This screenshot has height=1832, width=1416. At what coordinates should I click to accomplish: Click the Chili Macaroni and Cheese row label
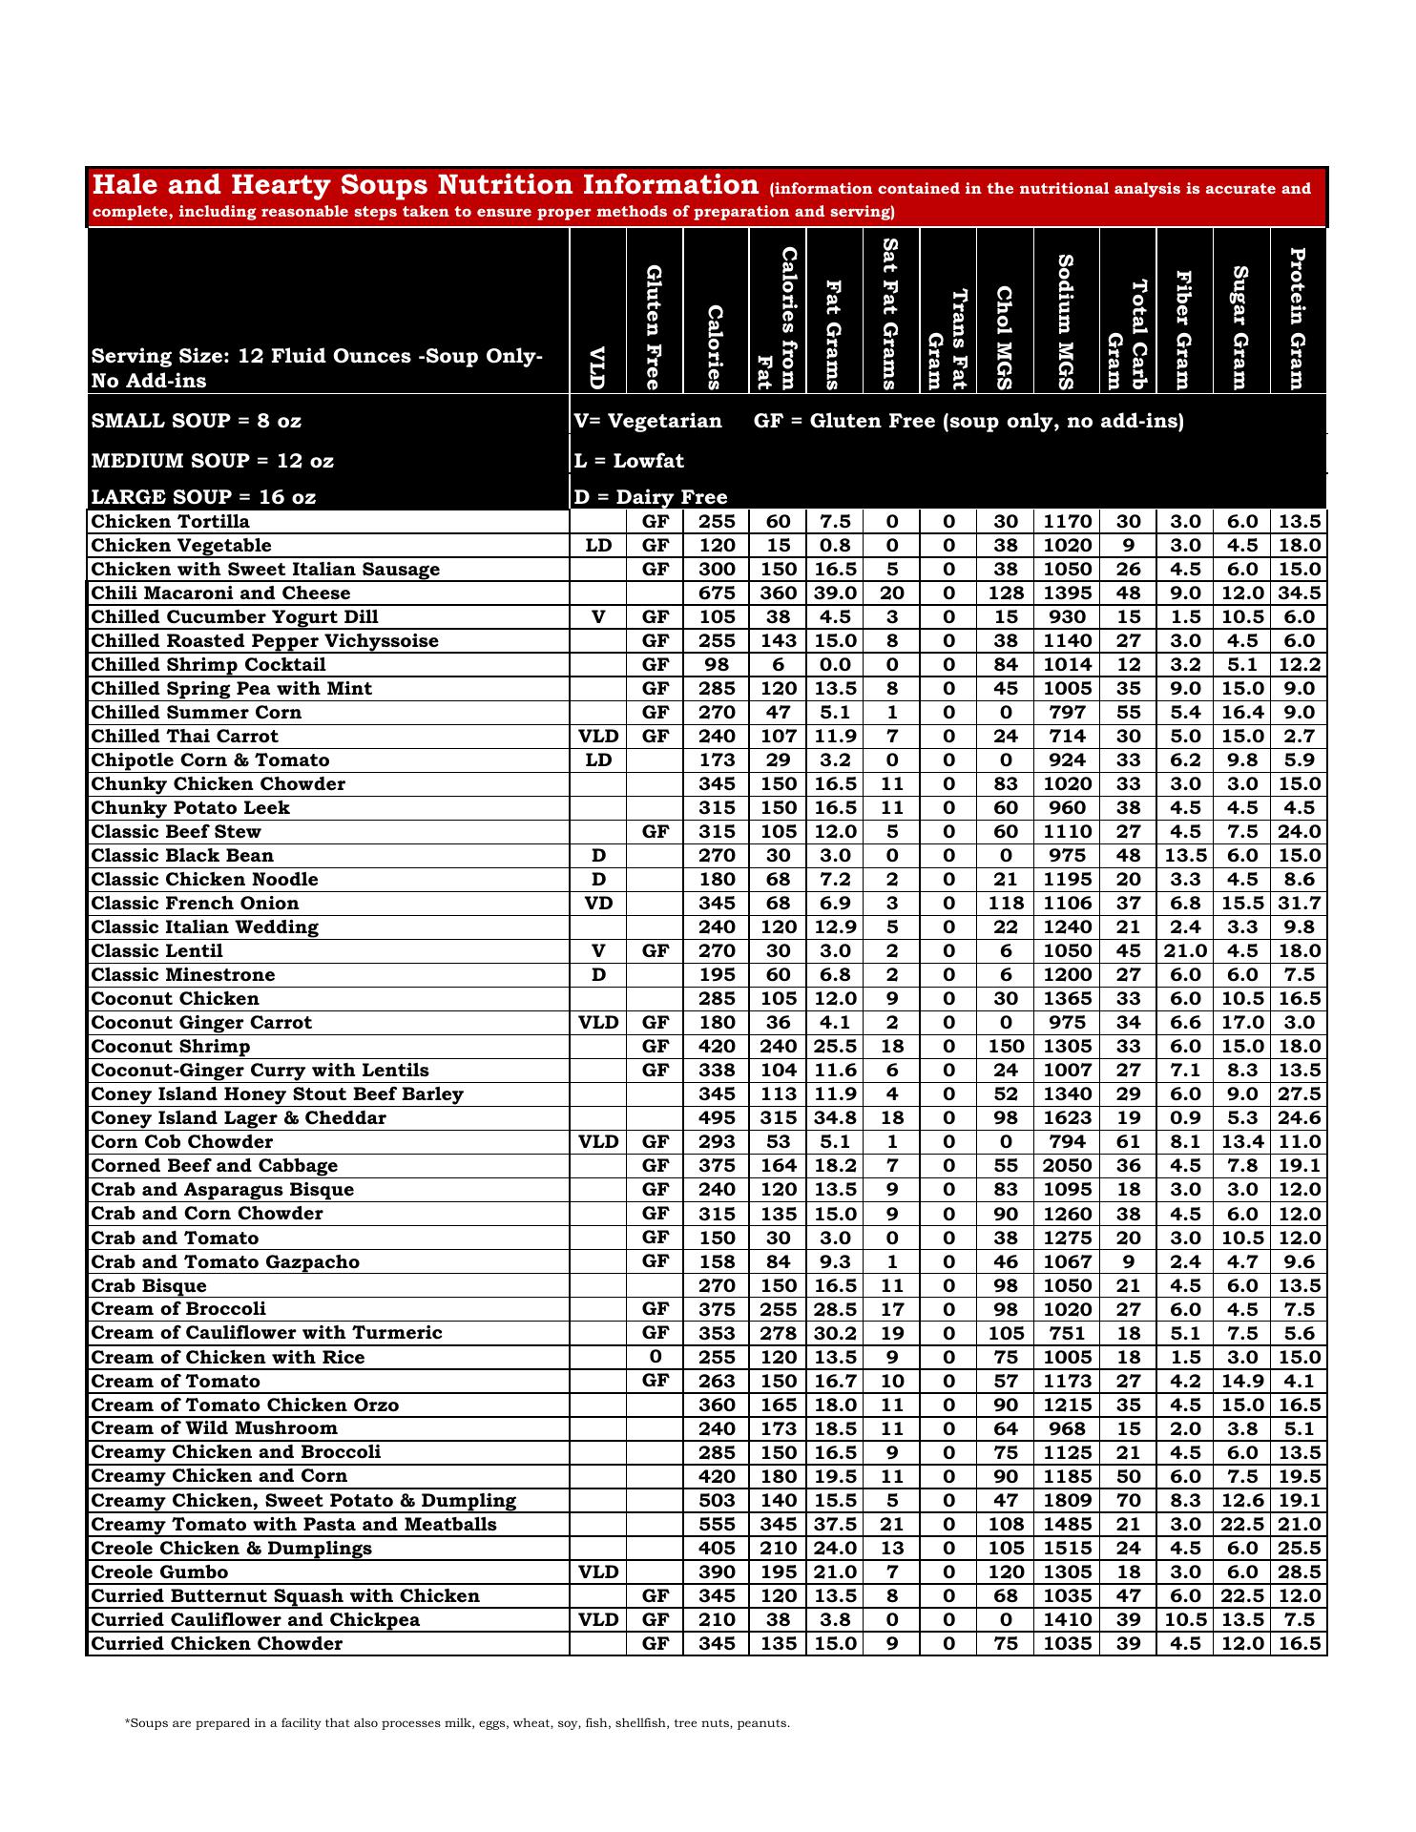(x=220, y=593)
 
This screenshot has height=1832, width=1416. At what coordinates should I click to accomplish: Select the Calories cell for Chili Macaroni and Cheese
(x=717, y=593)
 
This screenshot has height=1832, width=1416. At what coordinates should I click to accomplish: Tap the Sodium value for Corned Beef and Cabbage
(x=1066, y=1166)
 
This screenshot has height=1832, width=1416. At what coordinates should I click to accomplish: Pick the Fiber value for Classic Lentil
(x=1185, y=951)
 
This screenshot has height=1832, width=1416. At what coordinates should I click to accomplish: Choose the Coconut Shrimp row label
(x=170, y=1047)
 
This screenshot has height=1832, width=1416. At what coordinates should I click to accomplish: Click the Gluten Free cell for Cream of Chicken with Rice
(x=655, y=1357)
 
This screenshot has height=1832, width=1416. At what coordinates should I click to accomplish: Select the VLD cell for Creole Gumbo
(x=598, y=1572)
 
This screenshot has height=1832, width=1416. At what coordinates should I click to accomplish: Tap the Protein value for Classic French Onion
(x=1299, y=904)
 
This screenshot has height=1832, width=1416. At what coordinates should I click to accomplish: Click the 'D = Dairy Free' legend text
(x=650, y=497)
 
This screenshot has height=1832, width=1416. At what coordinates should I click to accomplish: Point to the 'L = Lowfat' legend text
(x=629, y=461)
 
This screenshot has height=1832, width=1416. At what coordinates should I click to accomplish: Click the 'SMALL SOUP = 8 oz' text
(x=197, y=421)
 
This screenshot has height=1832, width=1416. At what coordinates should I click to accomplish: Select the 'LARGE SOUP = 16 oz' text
(x=203, y=497)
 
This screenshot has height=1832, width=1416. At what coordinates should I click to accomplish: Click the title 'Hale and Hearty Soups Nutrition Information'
(x=425, y=185)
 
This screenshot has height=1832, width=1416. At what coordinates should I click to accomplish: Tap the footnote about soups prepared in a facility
(x=457, y=1723)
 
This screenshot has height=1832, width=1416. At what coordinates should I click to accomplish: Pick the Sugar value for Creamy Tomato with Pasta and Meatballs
(x=1241, y=1524)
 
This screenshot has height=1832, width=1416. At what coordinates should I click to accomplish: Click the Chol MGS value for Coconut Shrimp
(x=1006, y=1047)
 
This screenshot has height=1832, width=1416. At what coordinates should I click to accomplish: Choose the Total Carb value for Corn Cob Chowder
(x=1128, y=1142)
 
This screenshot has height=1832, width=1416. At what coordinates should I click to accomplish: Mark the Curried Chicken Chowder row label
(x=217, y=1643)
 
